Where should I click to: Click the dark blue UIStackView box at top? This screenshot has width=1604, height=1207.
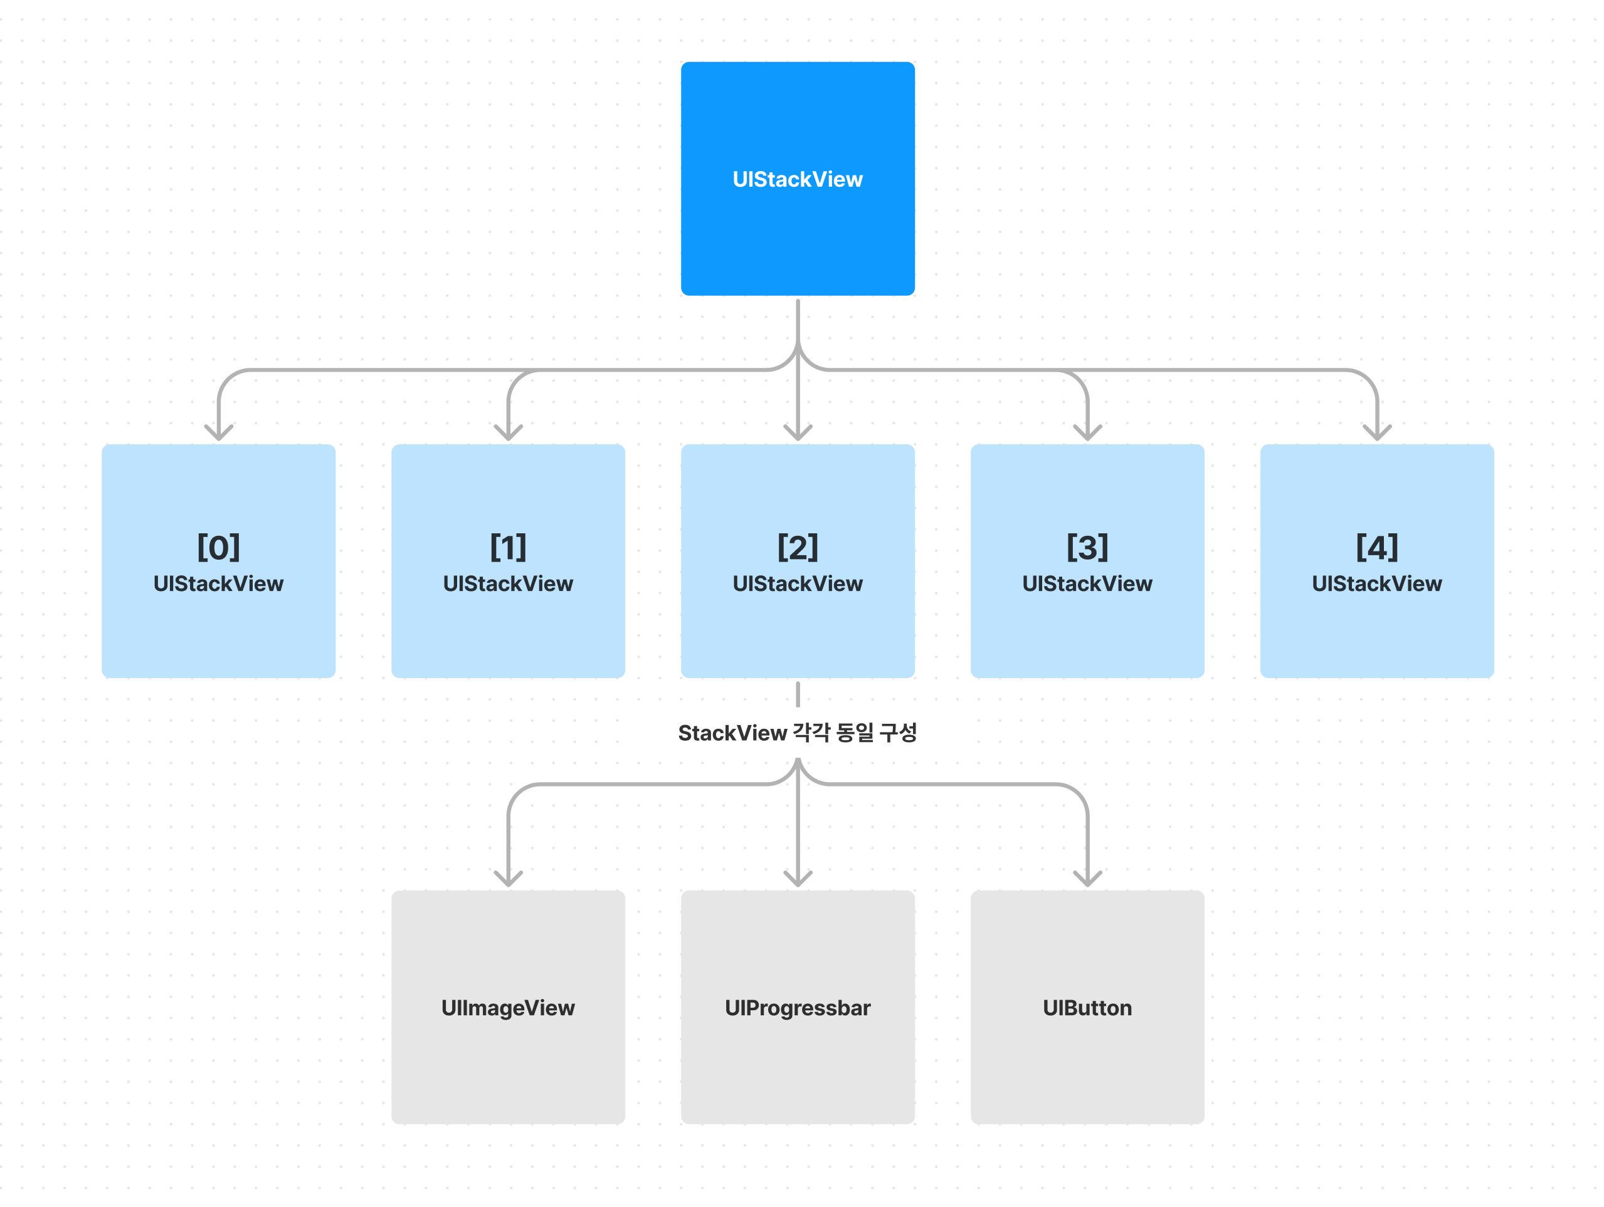pyautogui.click(x=798, y=179)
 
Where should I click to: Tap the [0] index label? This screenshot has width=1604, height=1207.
pyautogui.click(x=218, y=547)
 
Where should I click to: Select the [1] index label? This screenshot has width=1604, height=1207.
pyautogui.click(x=509, y=547)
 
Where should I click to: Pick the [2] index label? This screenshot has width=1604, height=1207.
pyautogui.click(x=798, y=547)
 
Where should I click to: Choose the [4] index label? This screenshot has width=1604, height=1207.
pyautogui.click(x=1376, y=547)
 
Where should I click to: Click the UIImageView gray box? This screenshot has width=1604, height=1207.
pyautogui.click(x=509, y=1007)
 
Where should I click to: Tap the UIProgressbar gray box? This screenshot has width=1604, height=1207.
pyautogui.click(x=798, y=1007)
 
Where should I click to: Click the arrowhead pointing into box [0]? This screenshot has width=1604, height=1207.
pyautogui.click(x=218, y=433)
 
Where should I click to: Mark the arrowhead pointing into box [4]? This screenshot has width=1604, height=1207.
pyautogui.click(x=1376, y=433)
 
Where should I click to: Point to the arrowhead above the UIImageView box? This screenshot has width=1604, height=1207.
pyautogui.click(x=509, y=879)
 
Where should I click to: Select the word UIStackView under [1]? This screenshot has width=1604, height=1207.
pyautogui.click(x=509, y=583)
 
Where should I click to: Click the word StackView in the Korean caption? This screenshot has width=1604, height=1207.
pyautogui.click(x=732, y=733)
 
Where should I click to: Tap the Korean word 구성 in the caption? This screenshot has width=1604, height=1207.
pyautogui.click(x=898, y=732)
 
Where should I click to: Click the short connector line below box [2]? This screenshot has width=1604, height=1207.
pyautogui.click(x=798, y=694)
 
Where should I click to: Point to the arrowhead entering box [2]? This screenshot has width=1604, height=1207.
pyautogui.click(x=798, y=433)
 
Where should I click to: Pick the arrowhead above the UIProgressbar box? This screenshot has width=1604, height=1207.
pyautogui.click(x=798, y=879)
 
